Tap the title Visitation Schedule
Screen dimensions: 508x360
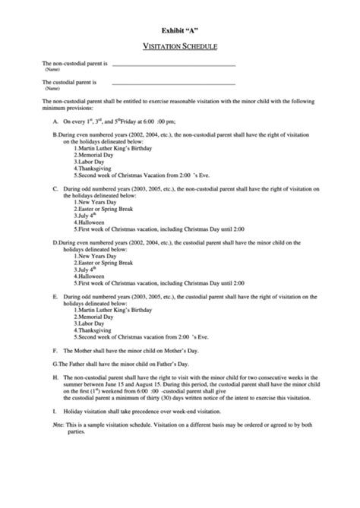pyautogui.click(x=179, y=46)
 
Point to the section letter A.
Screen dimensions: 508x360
pyautogui.click(x=55, y=121)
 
